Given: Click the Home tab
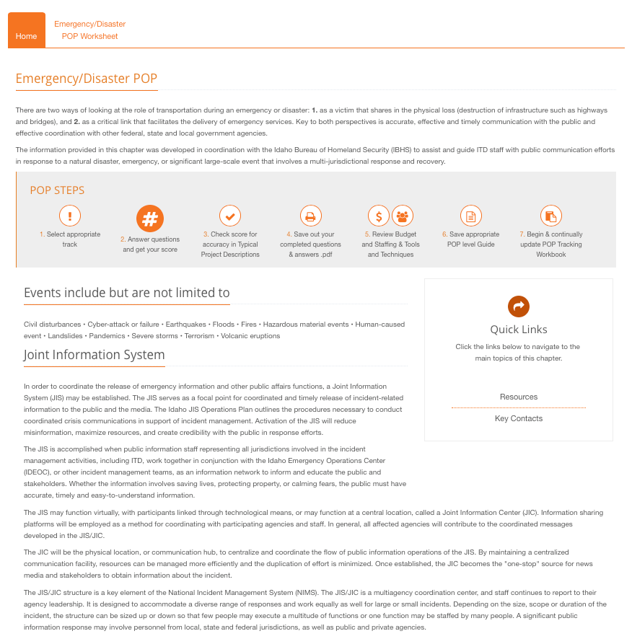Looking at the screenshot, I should tap(27, 36).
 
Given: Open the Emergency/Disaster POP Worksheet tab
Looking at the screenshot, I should tap(90, 30).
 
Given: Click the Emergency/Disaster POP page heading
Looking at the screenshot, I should tap(87, 79).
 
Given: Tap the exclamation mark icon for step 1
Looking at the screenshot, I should tap(70, 216).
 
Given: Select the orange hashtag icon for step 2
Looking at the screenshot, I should tap(150, 218).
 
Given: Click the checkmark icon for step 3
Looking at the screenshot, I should tap(230, 216).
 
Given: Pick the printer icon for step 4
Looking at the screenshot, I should tap(310, 216).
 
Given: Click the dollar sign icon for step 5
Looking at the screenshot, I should tap(379, 216).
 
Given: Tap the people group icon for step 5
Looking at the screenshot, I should tap(403, 216).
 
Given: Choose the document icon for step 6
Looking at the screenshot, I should tap(470, 216).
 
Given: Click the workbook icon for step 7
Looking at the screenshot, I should tap(550, 216).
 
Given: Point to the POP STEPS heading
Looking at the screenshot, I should tap(57, 190).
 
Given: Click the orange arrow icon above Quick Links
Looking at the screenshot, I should tap(519, 306).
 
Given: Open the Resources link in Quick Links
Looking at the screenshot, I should tap(519, 397).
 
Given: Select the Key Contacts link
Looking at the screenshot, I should tap(519, 418).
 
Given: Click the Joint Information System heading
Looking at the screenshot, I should tap(95, 355).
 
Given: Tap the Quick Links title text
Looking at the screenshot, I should tap(519, 330).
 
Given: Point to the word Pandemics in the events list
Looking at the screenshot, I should tap(107, 336).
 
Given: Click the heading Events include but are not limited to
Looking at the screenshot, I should tap(127, 293).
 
